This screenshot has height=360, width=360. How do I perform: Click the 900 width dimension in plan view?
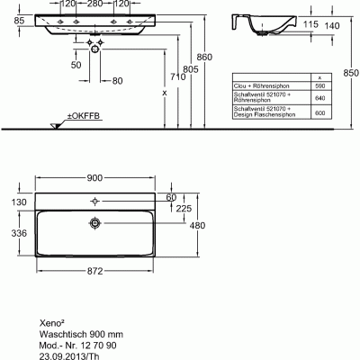(x=94, y=176)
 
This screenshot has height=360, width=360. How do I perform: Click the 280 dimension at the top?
(x=96, y=4)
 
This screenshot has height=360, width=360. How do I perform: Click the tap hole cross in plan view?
(x=95, y=201)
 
